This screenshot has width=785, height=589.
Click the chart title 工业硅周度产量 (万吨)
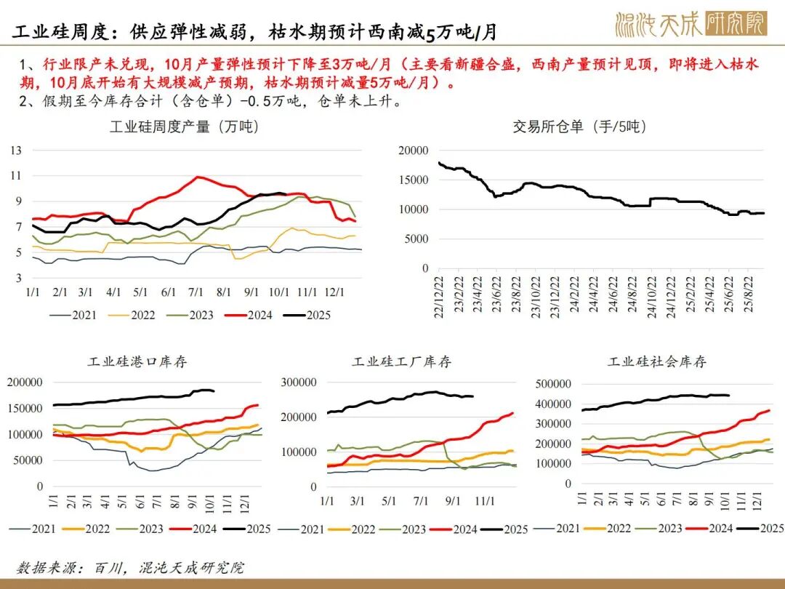[185, 127]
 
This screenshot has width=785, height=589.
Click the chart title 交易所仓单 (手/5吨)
[580, 127]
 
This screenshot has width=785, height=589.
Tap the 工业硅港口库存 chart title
[137, 361]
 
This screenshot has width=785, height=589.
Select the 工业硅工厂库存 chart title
[401, 361]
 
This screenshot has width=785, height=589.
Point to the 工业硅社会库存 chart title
[657, 361]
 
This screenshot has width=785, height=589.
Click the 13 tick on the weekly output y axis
[16, 151]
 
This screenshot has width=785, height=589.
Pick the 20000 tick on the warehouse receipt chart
[414, 150]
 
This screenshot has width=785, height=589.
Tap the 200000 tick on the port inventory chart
[25, 382]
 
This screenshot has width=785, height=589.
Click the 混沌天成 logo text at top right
[658, 24]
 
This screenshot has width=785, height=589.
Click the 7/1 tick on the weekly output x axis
[196, 292]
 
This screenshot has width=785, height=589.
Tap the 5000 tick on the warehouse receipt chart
[416, 239]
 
